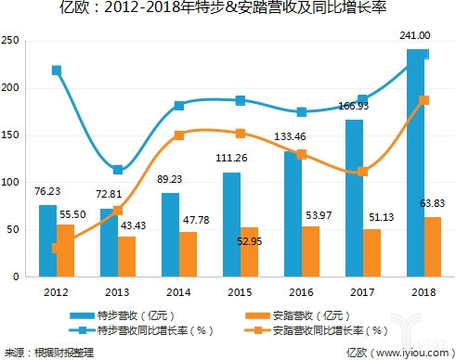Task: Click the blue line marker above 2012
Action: coord(58,71)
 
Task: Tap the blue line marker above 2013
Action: coord(117,170)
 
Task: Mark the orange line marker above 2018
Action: coord(423,100)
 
